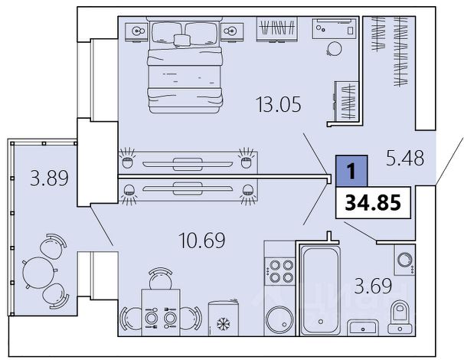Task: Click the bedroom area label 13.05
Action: [x=279, y=104]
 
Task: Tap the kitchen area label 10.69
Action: [x=202, y=241]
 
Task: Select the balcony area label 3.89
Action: [x=49, y=178]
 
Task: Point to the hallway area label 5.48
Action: [x=405, y=158]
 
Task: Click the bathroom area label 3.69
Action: [x=373, y=286]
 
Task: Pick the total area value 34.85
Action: [x=373, y=203]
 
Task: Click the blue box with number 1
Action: [x=351, y=171]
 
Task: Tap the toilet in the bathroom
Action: [x=400, y=317]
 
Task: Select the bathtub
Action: [x=320, y=290]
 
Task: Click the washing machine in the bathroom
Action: [x=404, y=260]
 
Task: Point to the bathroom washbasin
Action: [x=363, y=327]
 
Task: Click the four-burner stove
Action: [x=279, y=271]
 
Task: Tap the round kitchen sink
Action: [x=279, y=320]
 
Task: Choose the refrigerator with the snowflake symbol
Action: [x=224, y=319]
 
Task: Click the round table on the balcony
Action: [x=38, y=273]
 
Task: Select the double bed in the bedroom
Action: [x=185, y=65]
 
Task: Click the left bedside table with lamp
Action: [x=136, y=32]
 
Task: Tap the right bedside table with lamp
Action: [x=232, y=32]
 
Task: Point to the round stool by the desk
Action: [x=335, y=49]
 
